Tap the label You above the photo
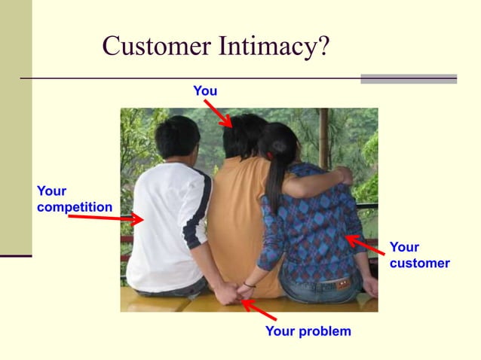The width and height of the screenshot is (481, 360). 205,91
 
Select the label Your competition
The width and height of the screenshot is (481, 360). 74,200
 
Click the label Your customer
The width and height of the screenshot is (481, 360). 419,255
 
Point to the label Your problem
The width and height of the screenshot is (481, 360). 308,331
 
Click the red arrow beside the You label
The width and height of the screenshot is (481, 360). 218,112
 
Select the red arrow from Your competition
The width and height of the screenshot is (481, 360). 106,218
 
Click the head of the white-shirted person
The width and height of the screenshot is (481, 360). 177,137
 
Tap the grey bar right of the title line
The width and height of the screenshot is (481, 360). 409,78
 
